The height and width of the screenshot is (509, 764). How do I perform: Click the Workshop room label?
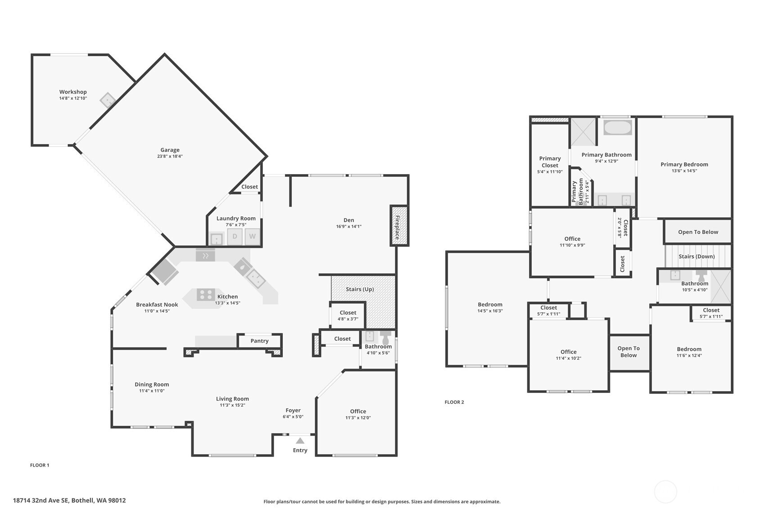pyautogui.click(x=73, y=92)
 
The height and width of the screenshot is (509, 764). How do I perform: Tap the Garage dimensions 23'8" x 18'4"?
pyautogui.click(x=170, y=156)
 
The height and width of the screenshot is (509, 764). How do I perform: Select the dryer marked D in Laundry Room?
pyautogui.click(x=235, y=236)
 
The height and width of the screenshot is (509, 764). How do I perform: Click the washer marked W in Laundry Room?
pyautogui.click(x=253, y=236)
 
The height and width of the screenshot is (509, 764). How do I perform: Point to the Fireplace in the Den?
pyautogui.click(x=399, y=225)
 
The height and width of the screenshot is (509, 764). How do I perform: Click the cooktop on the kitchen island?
pyautogui.click(x=206, y=295)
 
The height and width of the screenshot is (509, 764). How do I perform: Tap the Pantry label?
pyautogui.click(x=260, y=341)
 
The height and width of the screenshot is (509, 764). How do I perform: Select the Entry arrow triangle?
pyautogui.click(x=300, y=441)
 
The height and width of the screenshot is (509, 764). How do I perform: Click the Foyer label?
pyautogui.click(x=293, y=410)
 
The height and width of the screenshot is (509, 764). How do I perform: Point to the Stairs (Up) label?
pyautogui.click(x=360, y=289)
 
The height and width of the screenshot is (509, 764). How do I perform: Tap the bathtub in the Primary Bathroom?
pyautogui.click(x=617, y=127)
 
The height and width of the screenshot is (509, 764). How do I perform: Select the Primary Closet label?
pyautogui.click(x=550, y=162)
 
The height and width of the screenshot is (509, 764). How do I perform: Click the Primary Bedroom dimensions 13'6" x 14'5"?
pyautogui.click(x=684, y=171)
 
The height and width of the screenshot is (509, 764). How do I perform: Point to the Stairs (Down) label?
pyautogui.click(x=696, y=257)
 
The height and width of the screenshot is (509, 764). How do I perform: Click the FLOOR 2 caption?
pyautogui.click(x=454, y=402)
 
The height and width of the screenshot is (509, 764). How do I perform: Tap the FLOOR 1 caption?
pyautogui.click(x=40, y=465)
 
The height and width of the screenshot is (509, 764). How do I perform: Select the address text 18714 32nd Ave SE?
pyautogui.click(x=41, y=500)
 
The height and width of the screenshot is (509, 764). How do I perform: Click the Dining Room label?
pyautogui.click(x=152, y=384)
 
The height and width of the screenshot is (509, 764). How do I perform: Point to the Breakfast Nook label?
pyautogui.click(x=157, y=304)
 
